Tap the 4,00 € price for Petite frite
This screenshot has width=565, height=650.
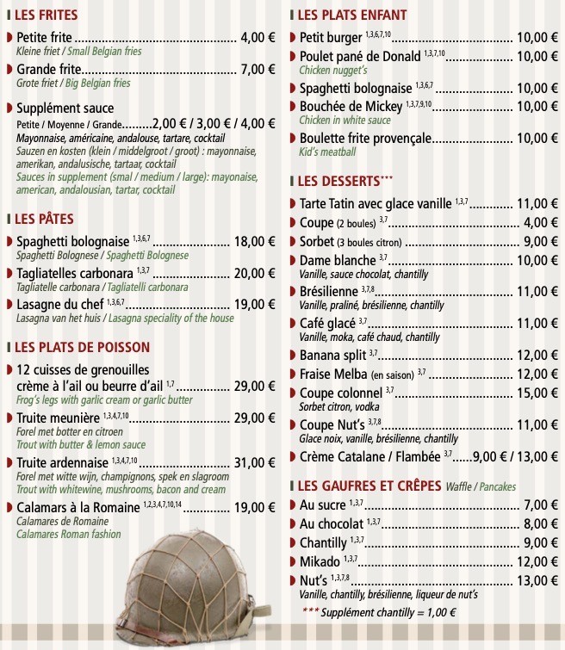pos(258,38)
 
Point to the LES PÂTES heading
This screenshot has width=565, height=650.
pos(44,219)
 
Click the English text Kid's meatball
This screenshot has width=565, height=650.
pos(327,152)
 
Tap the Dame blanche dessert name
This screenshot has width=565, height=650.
pos(338,260)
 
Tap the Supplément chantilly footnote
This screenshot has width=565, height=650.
pos(379,613)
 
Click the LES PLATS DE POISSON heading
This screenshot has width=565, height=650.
pos(82,347)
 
